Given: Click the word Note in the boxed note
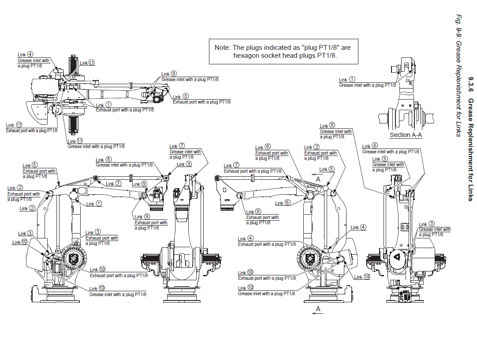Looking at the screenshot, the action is pos(222,48).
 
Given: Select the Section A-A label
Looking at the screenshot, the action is pos(406,135).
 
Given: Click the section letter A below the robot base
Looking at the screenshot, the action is pos(318,309).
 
